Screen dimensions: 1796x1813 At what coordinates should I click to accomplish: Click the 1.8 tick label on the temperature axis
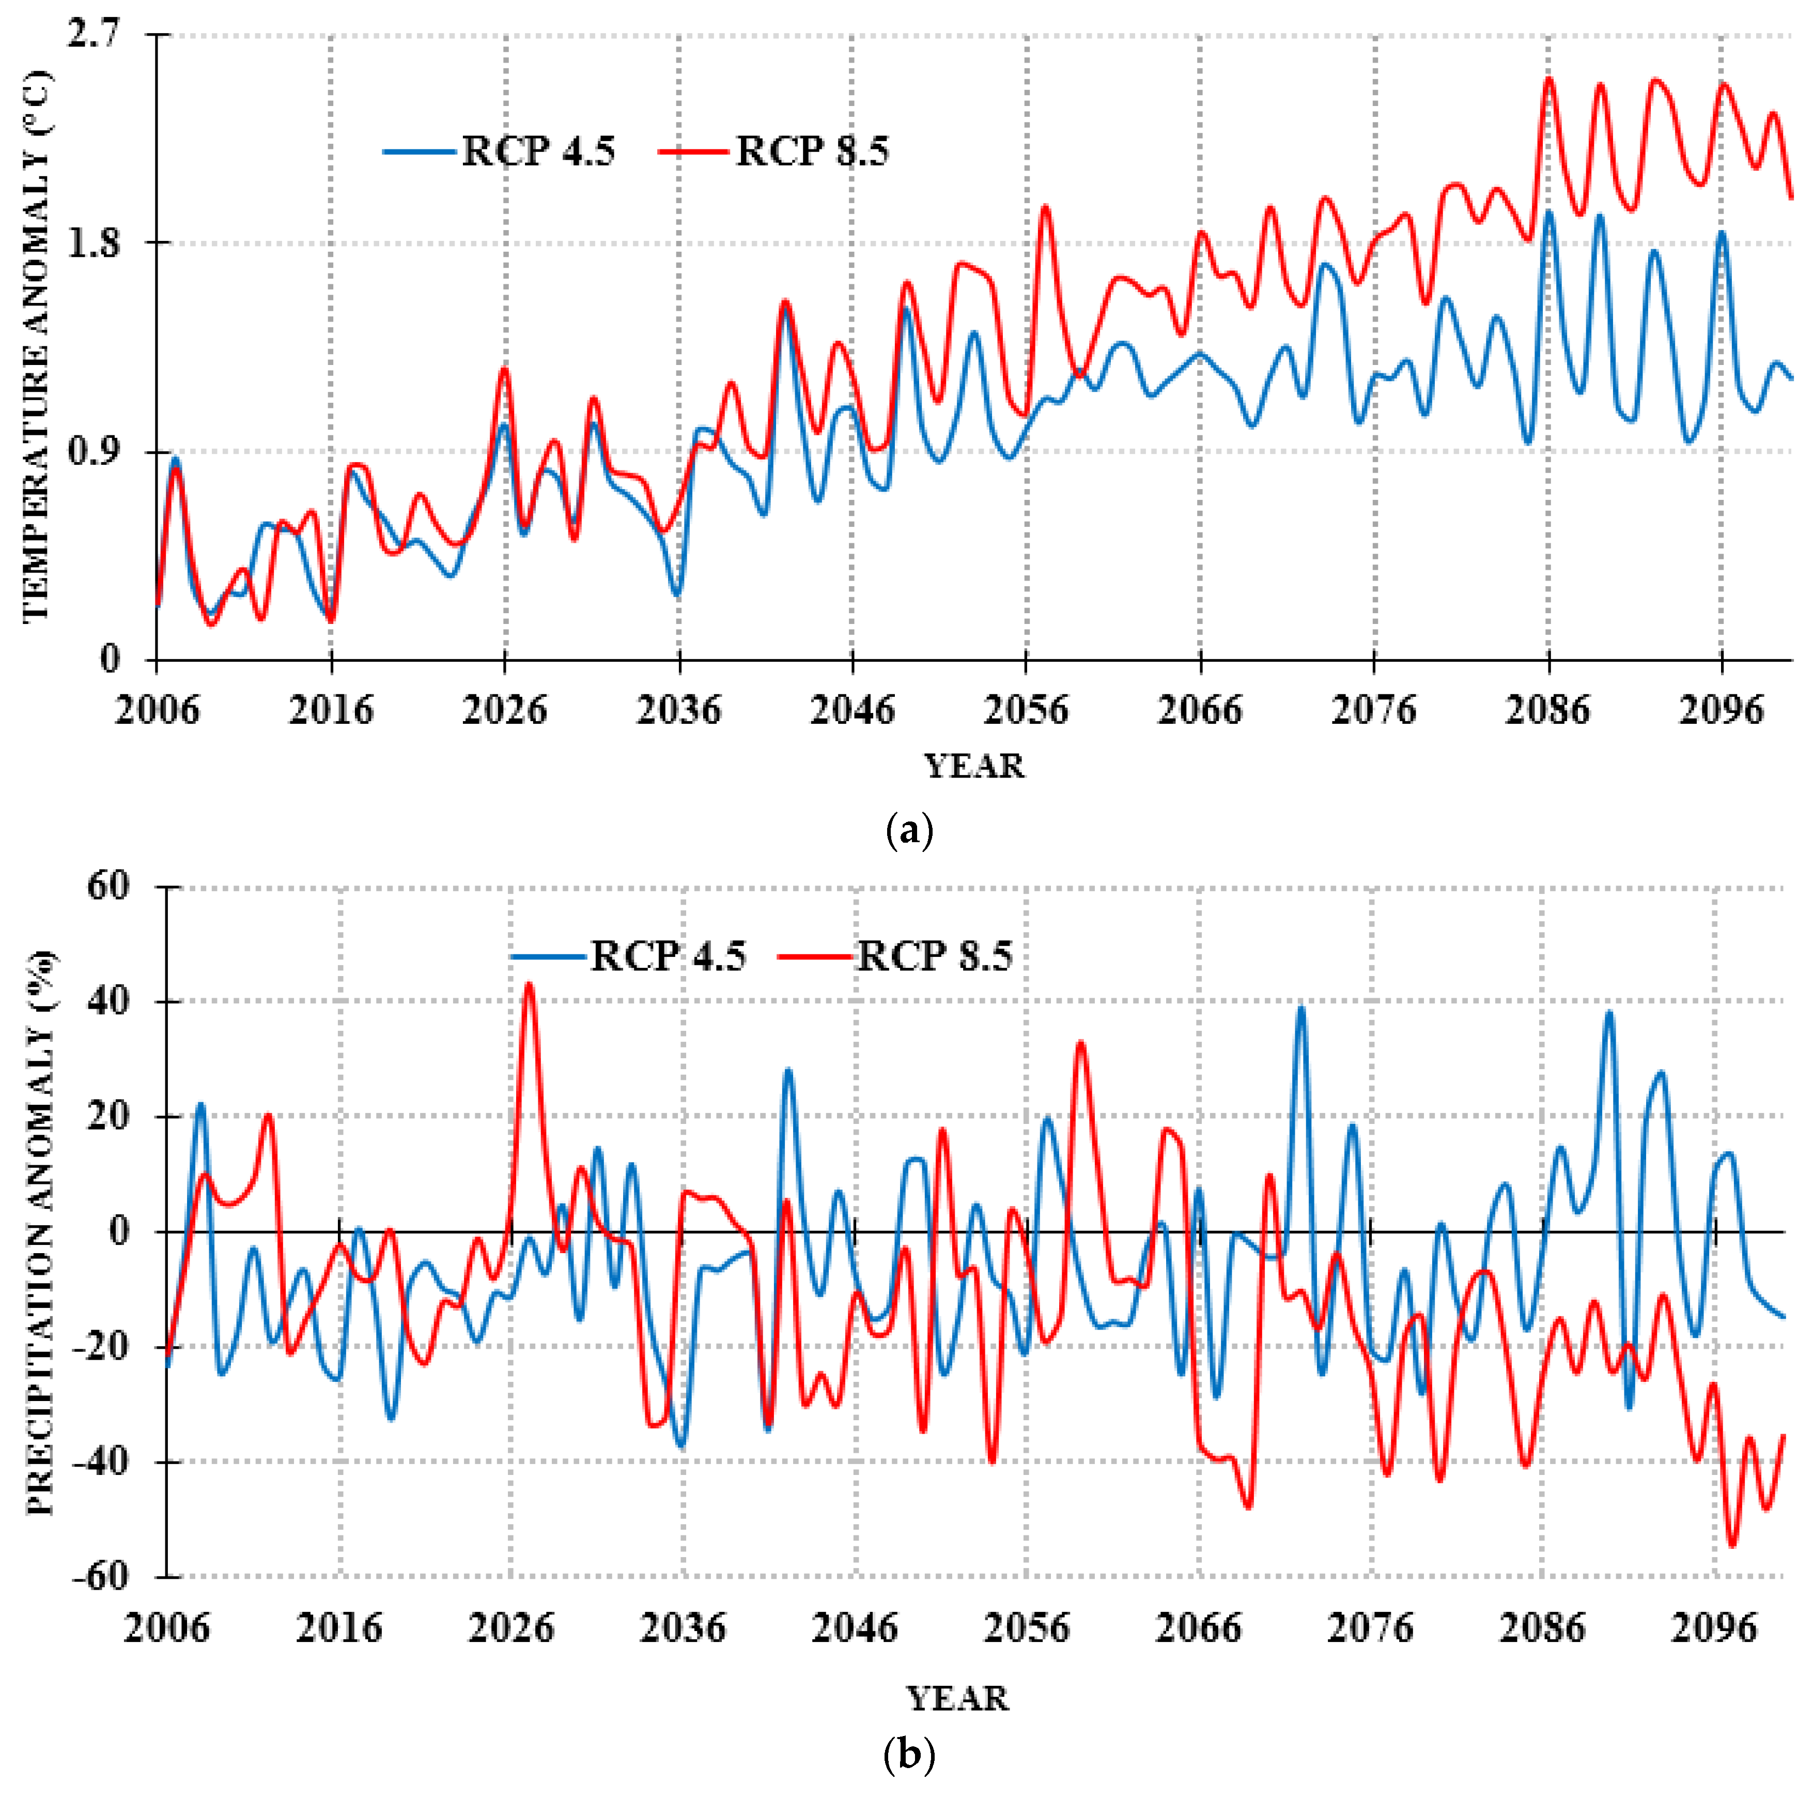click(95, 242)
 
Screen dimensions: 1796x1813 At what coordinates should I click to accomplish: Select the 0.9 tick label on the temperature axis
click(95, 451)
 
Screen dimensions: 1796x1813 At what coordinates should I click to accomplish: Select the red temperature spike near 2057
click(1044, 207)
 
